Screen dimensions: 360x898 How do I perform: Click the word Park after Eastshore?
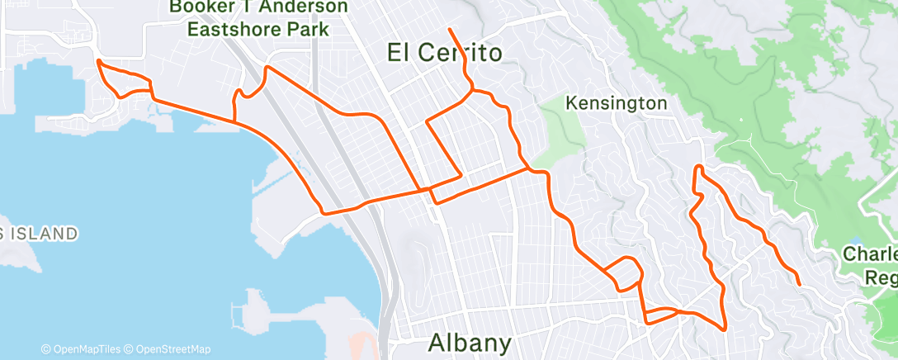(308, 30)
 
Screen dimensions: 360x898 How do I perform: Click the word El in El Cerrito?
(400, 54)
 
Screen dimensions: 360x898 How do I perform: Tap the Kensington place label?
(617, 104)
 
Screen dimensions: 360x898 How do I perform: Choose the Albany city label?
(470, 342)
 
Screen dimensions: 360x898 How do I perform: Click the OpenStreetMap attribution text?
(173, 349)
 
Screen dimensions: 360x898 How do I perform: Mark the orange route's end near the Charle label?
(799, 284)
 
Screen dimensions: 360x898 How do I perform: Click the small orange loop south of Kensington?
(625, 273)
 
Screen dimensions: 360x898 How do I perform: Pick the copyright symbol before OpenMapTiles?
(45, 349)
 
